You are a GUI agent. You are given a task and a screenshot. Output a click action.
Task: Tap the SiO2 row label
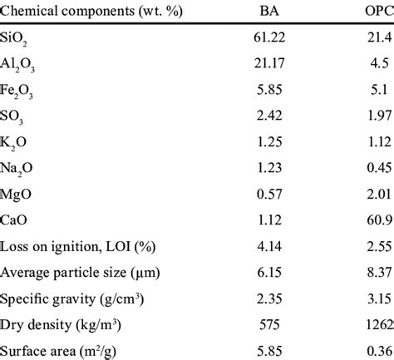tap(17, 42)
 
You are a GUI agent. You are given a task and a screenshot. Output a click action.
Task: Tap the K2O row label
tap(17, 150)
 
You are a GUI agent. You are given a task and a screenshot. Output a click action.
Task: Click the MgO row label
tap(18, 203)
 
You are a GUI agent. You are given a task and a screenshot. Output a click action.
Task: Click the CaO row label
tap(17, 230)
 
